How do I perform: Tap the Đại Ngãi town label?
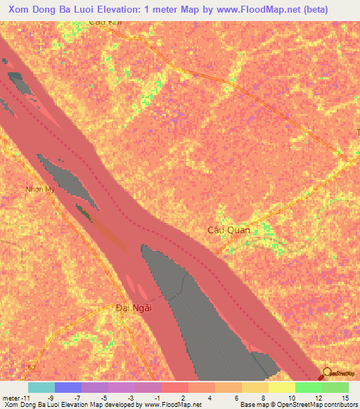click(134, 307)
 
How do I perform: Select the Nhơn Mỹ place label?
click(39, 189)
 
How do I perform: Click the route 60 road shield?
click(32, 368)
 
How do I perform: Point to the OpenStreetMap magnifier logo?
click(328, 372)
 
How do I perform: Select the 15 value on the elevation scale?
click(345, 397)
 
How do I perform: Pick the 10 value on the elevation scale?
click(292, 397)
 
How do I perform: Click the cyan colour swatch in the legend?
click(41, 387)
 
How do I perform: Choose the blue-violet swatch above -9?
click(67, 387)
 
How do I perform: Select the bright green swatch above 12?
click(308, 387)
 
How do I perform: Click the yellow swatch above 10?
click(281, 387)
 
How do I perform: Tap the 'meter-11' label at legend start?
click(15, 397)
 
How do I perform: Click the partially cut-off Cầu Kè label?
click(104, 22)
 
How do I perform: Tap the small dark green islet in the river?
click(85, 212)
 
